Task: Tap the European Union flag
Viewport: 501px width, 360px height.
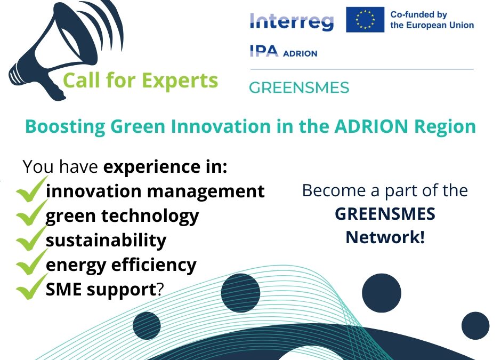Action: [x=365, y=20]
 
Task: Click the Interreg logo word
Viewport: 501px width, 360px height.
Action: [x=292, y=22]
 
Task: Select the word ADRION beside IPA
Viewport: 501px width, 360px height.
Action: [x=300, y=53]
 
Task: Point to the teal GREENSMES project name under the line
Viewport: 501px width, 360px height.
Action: [x=299, y=87]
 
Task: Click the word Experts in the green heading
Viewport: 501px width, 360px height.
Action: [x=180, y=81]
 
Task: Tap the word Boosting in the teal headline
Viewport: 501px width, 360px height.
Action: [x=65, y=126]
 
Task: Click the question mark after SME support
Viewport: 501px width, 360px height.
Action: [x=160, y=290]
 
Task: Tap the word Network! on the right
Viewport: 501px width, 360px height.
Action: [x=385, y=237]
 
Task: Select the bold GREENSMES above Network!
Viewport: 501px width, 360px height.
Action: [x=385, y=214]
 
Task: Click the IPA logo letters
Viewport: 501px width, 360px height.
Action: [x=264, y=51]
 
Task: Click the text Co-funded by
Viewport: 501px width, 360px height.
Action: [x=418, y=15]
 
